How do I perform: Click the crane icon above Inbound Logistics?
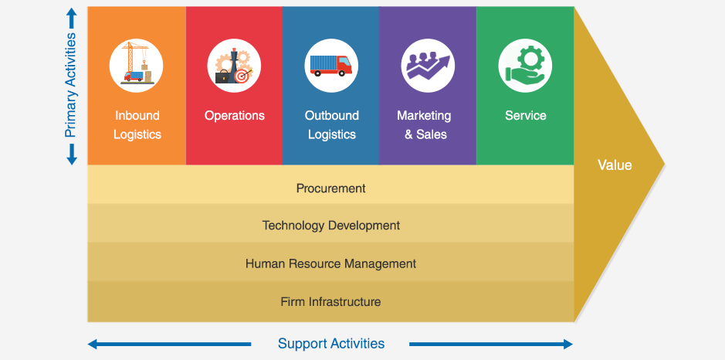136,65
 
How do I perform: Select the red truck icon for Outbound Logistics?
331,65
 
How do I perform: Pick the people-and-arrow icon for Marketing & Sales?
428,65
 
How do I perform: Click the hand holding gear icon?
525,65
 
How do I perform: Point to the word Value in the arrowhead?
615,165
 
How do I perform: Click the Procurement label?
331,188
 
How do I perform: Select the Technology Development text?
331,226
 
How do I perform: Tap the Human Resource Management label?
330,263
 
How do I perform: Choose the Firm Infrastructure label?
330,302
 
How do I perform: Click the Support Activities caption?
331,343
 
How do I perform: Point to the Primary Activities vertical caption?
70,85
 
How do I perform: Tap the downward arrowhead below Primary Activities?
71,159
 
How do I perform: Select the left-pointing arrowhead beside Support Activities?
93,344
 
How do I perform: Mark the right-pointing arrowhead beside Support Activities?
567,344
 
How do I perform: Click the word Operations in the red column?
235,115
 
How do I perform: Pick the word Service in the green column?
525,115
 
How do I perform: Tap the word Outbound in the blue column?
331,115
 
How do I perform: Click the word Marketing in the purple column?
424,116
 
